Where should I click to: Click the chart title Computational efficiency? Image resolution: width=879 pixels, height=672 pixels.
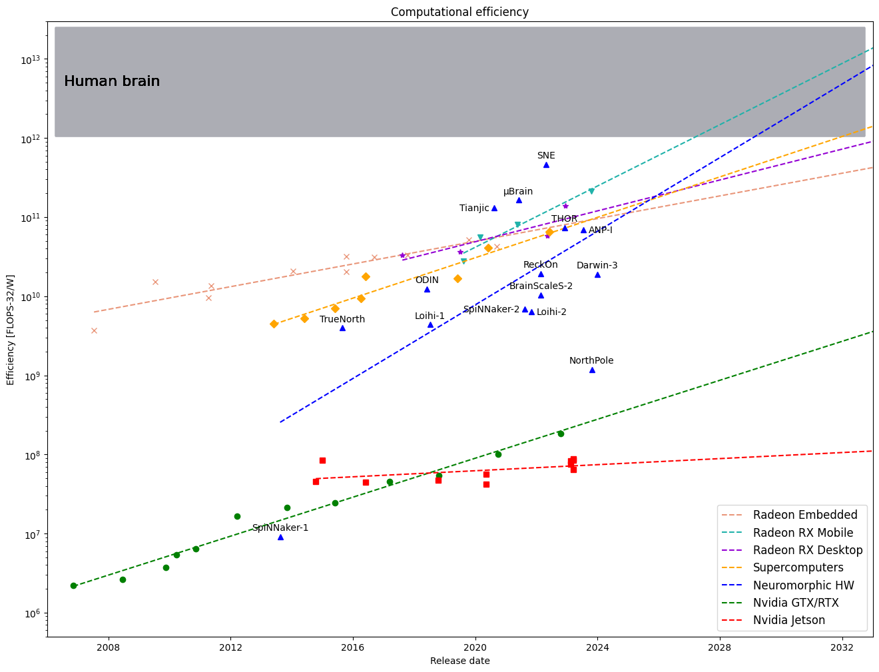click(x=459, y=12)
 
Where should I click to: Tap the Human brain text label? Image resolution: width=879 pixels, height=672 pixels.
click(x=112, y=81)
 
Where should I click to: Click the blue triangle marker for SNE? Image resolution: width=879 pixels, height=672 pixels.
click(x=546, y=165)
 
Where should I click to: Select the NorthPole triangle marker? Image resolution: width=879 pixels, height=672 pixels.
click(x=592, y=370)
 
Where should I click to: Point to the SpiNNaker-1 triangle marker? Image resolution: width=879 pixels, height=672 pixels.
click(x=280, y=537)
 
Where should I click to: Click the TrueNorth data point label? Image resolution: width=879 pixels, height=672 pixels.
click(x=342, y=319)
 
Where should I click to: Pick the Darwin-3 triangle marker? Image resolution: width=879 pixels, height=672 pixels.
click(x=597, y=274)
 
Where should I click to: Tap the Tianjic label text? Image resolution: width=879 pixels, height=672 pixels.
click(x=474, y=208)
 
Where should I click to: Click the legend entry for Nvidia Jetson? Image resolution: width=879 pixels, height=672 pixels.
click(x=789, y=620)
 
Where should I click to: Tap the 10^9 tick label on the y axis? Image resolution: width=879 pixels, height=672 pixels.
click(x=31, y=376)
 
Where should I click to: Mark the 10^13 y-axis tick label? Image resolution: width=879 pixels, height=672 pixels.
click(x=30, y=60)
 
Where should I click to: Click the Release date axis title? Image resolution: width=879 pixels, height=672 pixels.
click(x=459, y=661)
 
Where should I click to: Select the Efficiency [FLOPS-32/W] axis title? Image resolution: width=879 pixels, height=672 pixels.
click(x=11, y=330)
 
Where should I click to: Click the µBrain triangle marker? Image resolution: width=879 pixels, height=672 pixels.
click(x=519, y=200)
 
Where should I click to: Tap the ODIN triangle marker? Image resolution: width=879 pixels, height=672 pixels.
click(x=427, y=289)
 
